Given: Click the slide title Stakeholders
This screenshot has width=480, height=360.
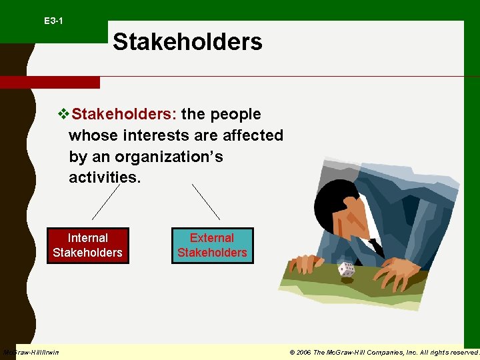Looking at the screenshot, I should click(x=187, y=41).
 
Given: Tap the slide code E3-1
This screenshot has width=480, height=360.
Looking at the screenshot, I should click(x=53, y=21).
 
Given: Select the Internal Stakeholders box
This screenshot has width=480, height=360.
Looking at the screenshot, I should click(x=87, y=245).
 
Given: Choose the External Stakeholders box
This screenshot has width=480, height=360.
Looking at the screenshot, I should click(x=212, y=245).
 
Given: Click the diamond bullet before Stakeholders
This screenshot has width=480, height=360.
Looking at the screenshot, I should click(x=64, y=114).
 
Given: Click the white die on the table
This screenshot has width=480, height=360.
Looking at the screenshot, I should click(x=346, y=269).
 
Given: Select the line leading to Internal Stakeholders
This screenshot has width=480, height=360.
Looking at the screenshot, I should click(x=106, y=202).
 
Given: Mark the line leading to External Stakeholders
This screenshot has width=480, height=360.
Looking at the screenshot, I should click(x=206, y=202).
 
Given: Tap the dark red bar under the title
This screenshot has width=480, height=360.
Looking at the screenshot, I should click(x=49, y=83).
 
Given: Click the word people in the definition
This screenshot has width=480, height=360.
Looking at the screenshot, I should click(x=237, y=114).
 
